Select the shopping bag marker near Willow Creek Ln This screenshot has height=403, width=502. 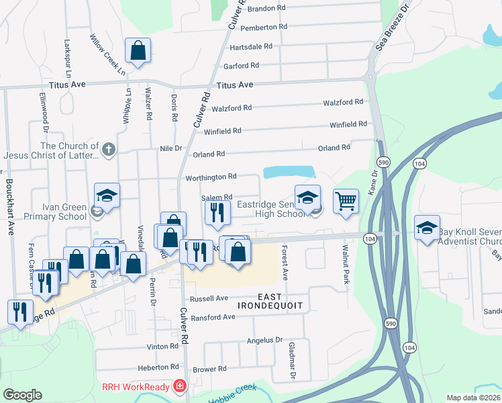tap(138, 51)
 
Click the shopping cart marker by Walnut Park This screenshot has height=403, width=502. tap(346, 201)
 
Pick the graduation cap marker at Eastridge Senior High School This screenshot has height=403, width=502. tap(307, 198)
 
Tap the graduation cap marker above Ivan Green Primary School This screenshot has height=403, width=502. tap(107, 196)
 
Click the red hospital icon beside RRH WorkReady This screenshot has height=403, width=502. tap(179, 386)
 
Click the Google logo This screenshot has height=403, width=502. tap(22, 394)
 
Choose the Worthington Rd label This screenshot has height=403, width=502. tap(211, 177)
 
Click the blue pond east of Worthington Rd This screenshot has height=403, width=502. tap(289, 172)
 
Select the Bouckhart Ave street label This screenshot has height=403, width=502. tap(10, 209)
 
